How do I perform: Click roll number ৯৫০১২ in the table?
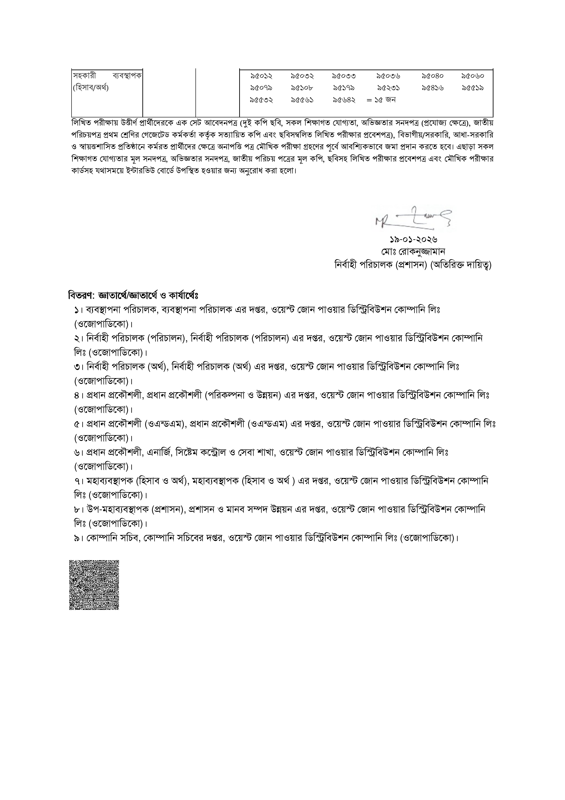261,76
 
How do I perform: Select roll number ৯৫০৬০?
473,76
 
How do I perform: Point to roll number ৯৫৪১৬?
433,88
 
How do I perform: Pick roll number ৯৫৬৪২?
344,100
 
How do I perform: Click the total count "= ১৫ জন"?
381,100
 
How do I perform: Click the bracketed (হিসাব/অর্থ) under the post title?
90,88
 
